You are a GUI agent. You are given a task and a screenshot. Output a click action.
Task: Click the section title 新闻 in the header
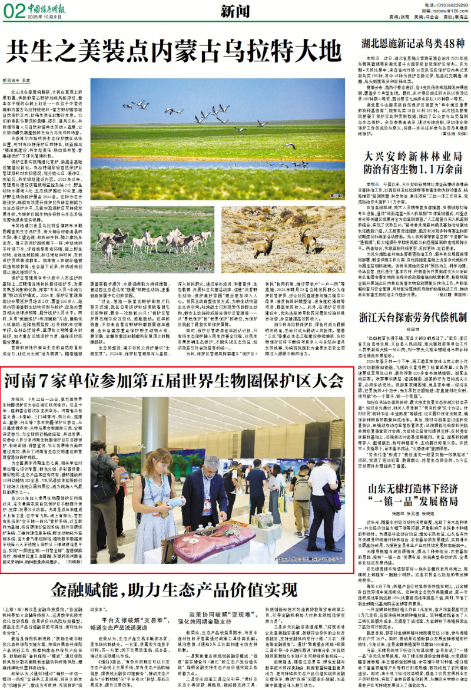click(x=234, y=11)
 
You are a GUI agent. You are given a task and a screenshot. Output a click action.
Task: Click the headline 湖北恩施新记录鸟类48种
click(x=414, y=43)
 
